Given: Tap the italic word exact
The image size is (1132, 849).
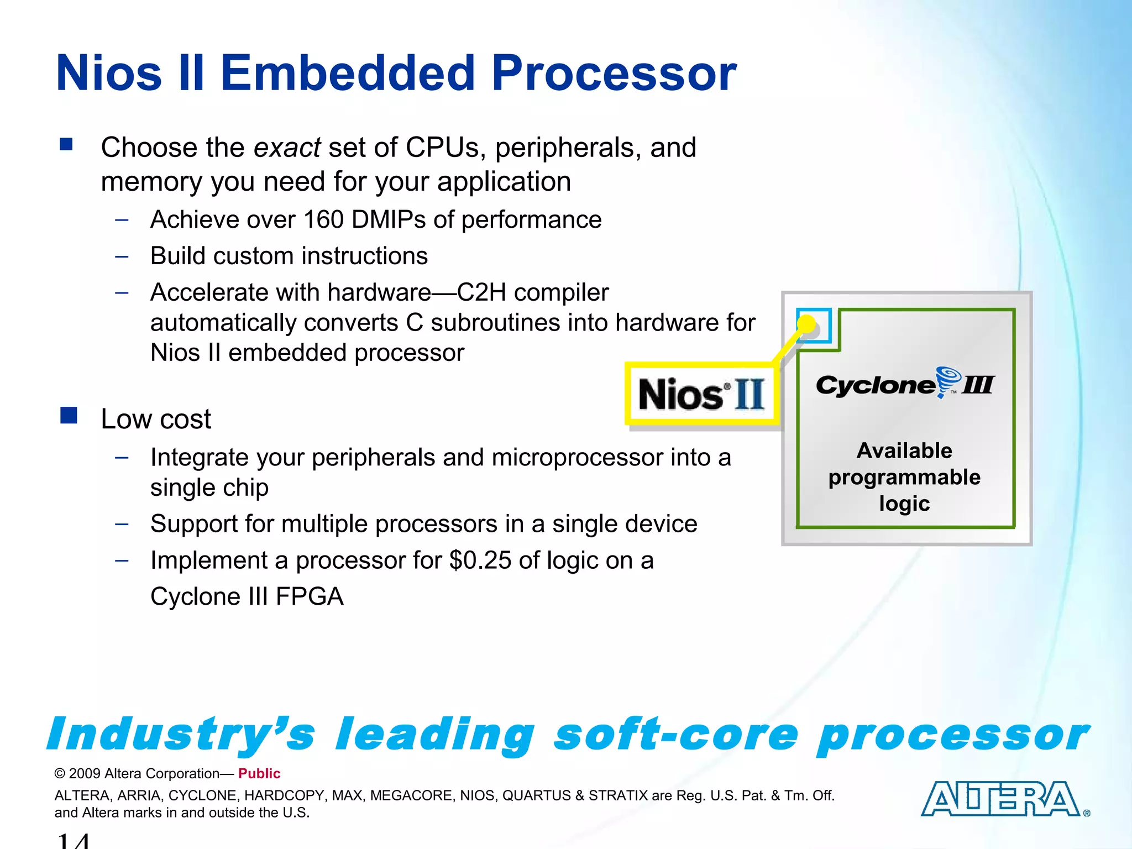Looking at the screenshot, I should coord(287,148).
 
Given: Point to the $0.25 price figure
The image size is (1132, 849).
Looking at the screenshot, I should coord(480,560).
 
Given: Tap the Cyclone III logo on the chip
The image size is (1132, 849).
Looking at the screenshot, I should coord(905,384).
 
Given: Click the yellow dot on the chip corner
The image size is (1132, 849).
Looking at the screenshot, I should coord(807,324).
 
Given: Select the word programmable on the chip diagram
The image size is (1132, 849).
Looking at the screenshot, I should coord(904,477).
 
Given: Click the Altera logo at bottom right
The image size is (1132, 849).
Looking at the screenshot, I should coord(1000,799).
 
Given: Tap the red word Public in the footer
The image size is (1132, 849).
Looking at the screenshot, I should coord(259,773).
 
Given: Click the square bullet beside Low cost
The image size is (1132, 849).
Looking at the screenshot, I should coord(69,415).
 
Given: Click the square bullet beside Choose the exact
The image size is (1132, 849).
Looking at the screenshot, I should coord(66,144).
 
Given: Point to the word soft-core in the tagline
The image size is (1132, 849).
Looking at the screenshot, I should coord(676,735).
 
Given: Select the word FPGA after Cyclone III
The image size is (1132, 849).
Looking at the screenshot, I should coord(310,597).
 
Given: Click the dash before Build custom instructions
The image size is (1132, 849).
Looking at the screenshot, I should coord(122,256).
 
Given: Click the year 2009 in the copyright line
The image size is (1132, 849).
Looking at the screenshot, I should coord(85,773).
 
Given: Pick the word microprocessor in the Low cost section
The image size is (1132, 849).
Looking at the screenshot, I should coord(577,458).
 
